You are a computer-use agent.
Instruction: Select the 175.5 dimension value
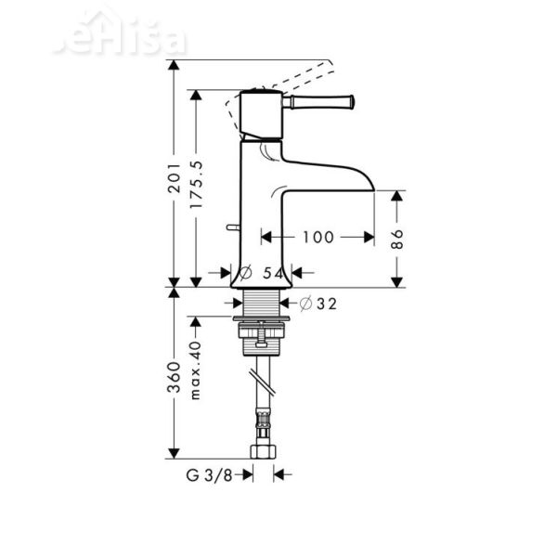coord(195,184)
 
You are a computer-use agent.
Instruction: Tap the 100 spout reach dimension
coord(317,238)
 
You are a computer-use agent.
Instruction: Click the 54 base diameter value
coord(273,273)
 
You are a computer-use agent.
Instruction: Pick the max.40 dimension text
coord(195,369)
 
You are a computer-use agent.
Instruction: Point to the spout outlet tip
coord(371,186)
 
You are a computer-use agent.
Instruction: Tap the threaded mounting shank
coord(261,303)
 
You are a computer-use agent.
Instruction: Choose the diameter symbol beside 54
coord(246,273)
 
